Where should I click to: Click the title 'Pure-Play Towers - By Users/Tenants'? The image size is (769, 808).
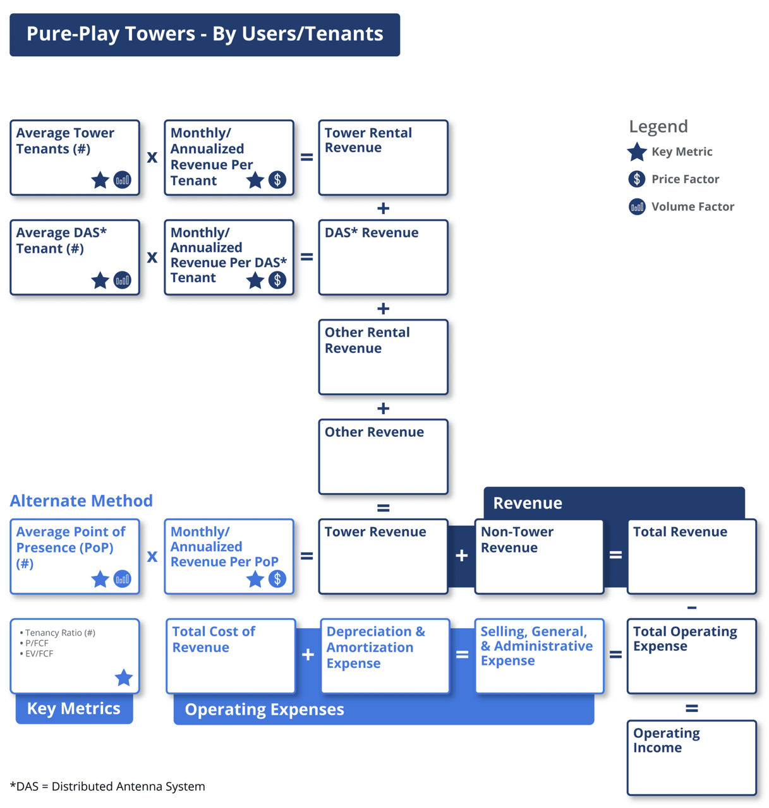coord(205,34)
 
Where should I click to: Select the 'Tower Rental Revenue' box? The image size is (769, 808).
coord(383,158)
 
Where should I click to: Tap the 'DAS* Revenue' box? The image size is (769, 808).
coord(383,257)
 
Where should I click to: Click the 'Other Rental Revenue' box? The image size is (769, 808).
coord(383,357)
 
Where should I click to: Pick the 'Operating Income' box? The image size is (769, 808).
coord(691,757)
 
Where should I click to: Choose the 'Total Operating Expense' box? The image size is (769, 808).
coord(691,656)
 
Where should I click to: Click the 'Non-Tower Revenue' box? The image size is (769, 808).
coord(539,556)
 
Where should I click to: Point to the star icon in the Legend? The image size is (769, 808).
coord(637,152)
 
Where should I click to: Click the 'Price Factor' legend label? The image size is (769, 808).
coord(685,179)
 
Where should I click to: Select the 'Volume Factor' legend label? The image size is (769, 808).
coord(693,206)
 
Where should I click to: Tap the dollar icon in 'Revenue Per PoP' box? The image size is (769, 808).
coord(277,579)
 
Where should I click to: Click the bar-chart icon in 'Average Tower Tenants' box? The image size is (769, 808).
coord(123,180)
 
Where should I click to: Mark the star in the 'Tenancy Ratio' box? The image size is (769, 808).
coord(124,678)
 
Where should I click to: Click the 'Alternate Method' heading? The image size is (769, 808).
coord(82,501)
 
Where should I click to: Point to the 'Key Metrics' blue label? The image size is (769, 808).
coord(74,709)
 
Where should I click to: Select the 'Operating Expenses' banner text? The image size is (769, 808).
coord(264,710)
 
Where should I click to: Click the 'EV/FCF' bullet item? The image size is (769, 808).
coord(39,654)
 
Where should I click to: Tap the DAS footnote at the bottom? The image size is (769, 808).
coord(108,787)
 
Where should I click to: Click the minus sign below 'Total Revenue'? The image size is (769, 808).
coord(692,607)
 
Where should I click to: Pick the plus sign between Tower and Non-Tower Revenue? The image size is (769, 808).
coord(462,555)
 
